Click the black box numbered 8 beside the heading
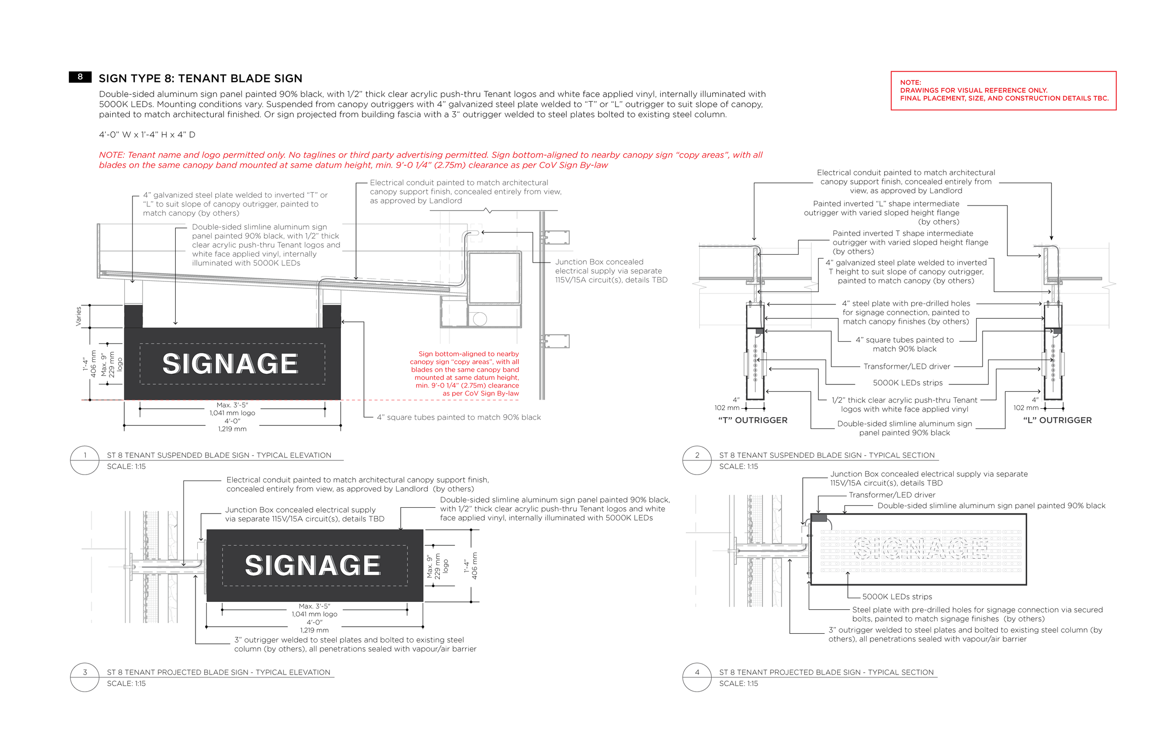pyautogui.click(x=80, y=77)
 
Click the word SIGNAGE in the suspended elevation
pyautogui.click(x=230, y=364)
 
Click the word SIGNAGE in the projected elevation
pyautogui.click(x=313, y=565)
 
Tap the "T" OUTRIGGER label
pyautogui.click(x=753, y=420)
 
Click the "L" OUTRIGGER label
pyautogui.click(x=1057, y=420)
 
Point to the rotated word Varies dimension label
pyautogui.click(x=78, y=316)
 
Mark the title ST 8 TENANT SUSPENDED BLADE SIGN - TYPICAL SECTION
pyautogui.click(x=827, y=455)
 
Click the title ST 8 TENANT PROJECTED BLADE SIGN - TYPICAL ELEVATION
pyautogui.click(x=218, y=672)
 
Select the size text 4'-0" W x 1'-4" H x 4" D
pyautogui.click(x=147, y=135)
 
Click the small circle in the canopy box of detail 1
pyautogui.click(x=480, y=319)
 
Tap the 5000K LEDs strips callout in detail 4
pyautogui.click(x=897, y=597)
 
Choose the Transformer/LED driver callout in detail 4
pyautogui.click(x=892, y=495)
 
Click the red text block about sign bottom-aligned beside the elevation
pyautogui.click(x=466, y=373)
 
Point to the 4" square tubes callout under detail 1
pyautogui.click(x=459, y=418)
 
